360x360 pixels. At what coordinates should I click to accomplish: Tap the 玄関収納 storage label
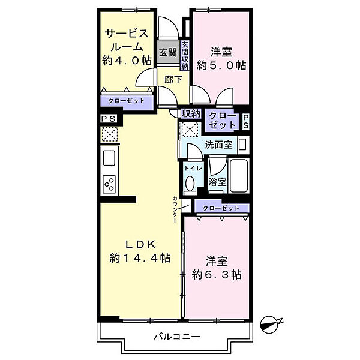click(185, 55)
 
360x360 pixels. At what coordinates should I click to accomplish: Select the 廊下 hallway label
click(173, 78)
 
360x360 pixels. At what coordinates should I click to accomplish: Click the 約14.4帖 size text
click(140, 258)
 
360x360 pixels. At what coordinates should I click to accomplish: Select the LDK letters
click(140, 244)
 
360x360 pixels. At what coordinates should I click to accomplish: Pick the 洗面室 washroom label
click(216, 144)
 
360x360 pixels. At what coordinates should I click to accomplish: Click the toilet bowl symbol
click(190, 184)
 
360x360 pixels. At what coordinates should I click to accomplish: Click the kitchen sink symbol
click(109, 158)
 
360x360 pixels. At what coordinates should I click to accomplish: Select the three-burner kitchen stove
click(109, 184)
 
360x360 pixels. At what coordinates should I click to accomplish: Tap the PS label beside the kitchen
click(109, 118)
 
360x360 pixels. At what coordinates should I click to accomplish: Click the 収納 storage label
click(191, 113)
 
